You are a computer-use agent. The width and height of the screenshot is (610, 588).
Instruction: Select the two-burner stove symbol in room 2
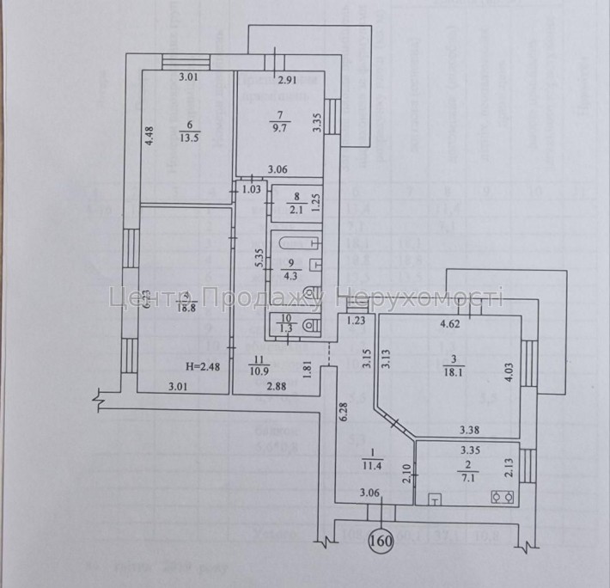coord(500,496)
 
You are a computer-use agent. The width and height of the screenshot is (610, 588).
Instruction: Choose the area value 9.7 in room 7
coord(281,127)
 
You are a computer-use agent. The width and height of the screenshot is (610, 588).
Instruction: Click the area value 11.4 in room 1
coord(371,465)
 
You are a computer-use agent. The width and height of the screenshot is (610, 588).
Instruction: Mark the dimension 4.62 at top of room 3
coord(451,325)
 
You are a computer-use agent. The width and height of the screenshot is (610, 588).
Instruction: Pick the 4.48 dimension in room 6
coord(148,138)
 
